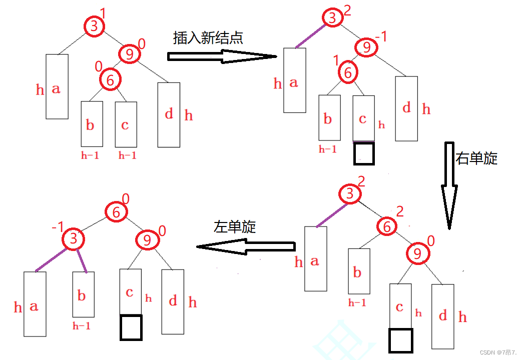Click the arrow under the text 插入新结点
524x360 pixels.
point(222,56)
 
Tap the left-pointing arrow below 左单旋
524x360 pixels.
point(245,246)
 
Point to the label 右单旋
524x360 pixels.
point(476,158)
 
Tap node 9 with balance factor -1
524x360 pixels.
point(367,48)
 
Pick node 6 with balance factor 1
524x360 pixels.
point(347,73)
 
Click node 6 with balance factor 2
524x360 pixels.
point(387,226)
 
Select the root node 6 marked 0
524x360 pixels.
point(116,212)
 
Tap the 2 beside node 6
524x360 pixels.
point(400,211)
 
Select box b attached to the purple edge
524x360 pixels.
point(83,295)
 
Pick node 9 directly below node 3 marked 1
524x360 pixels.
point(129,53)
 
